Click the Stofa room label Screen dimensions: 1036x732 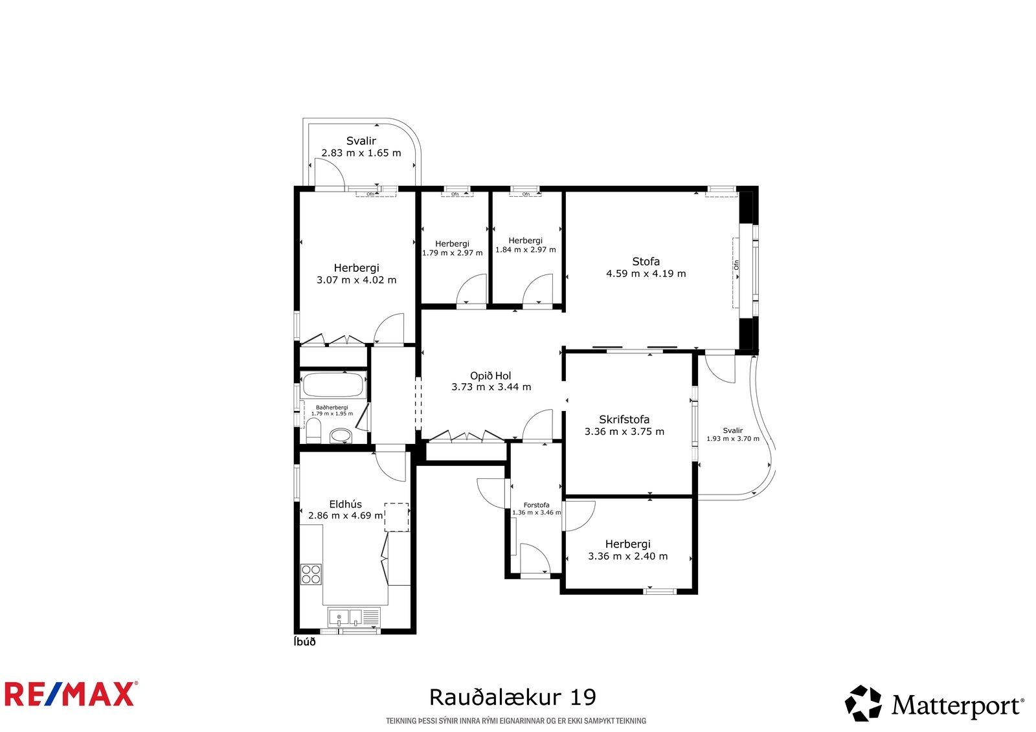click(x=646, y=261)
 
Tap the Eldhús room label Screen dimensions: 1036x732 click(x=346, y=504)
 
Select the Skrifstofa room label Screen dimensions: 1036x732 click(x=624, y=419)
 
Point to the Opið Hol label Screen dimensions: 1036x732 click(x=490, y=376)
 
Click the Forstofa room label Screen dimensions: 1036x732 click(x=537, y=505)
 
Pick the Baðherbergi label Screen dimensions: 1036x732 click(x=332, y=407)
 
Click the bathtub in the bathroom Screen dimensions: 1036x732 click(x=333, y=384)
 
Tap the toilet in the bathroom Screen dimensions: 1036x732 click(x=314, y=430)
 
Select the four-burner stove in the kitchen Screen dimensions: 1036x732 click(x=311, y=574)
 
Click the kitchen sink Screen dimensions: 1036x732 click(x=345, y=617)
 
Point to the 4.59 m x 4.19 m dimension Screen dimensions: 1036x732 click(x=646, y=273)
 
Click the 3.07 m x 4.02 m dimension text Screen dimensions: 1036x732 click(x=356, y=280)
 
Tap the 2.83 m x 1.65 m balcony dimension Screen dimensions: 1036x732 click(x=361, y=153)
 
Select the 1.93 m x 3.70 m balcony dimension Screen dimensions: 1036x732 click(x=732, y=438)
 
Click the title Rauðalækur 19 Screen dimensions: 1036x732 click(x=512, y=697)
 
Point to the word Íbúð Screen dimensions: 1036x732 click(x=304, y=642)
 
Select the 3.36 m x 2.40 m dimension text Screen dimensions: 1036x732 click(x=627, y=557)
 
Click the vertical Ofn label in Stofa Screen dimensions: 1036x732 click(x=736, y=265)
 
